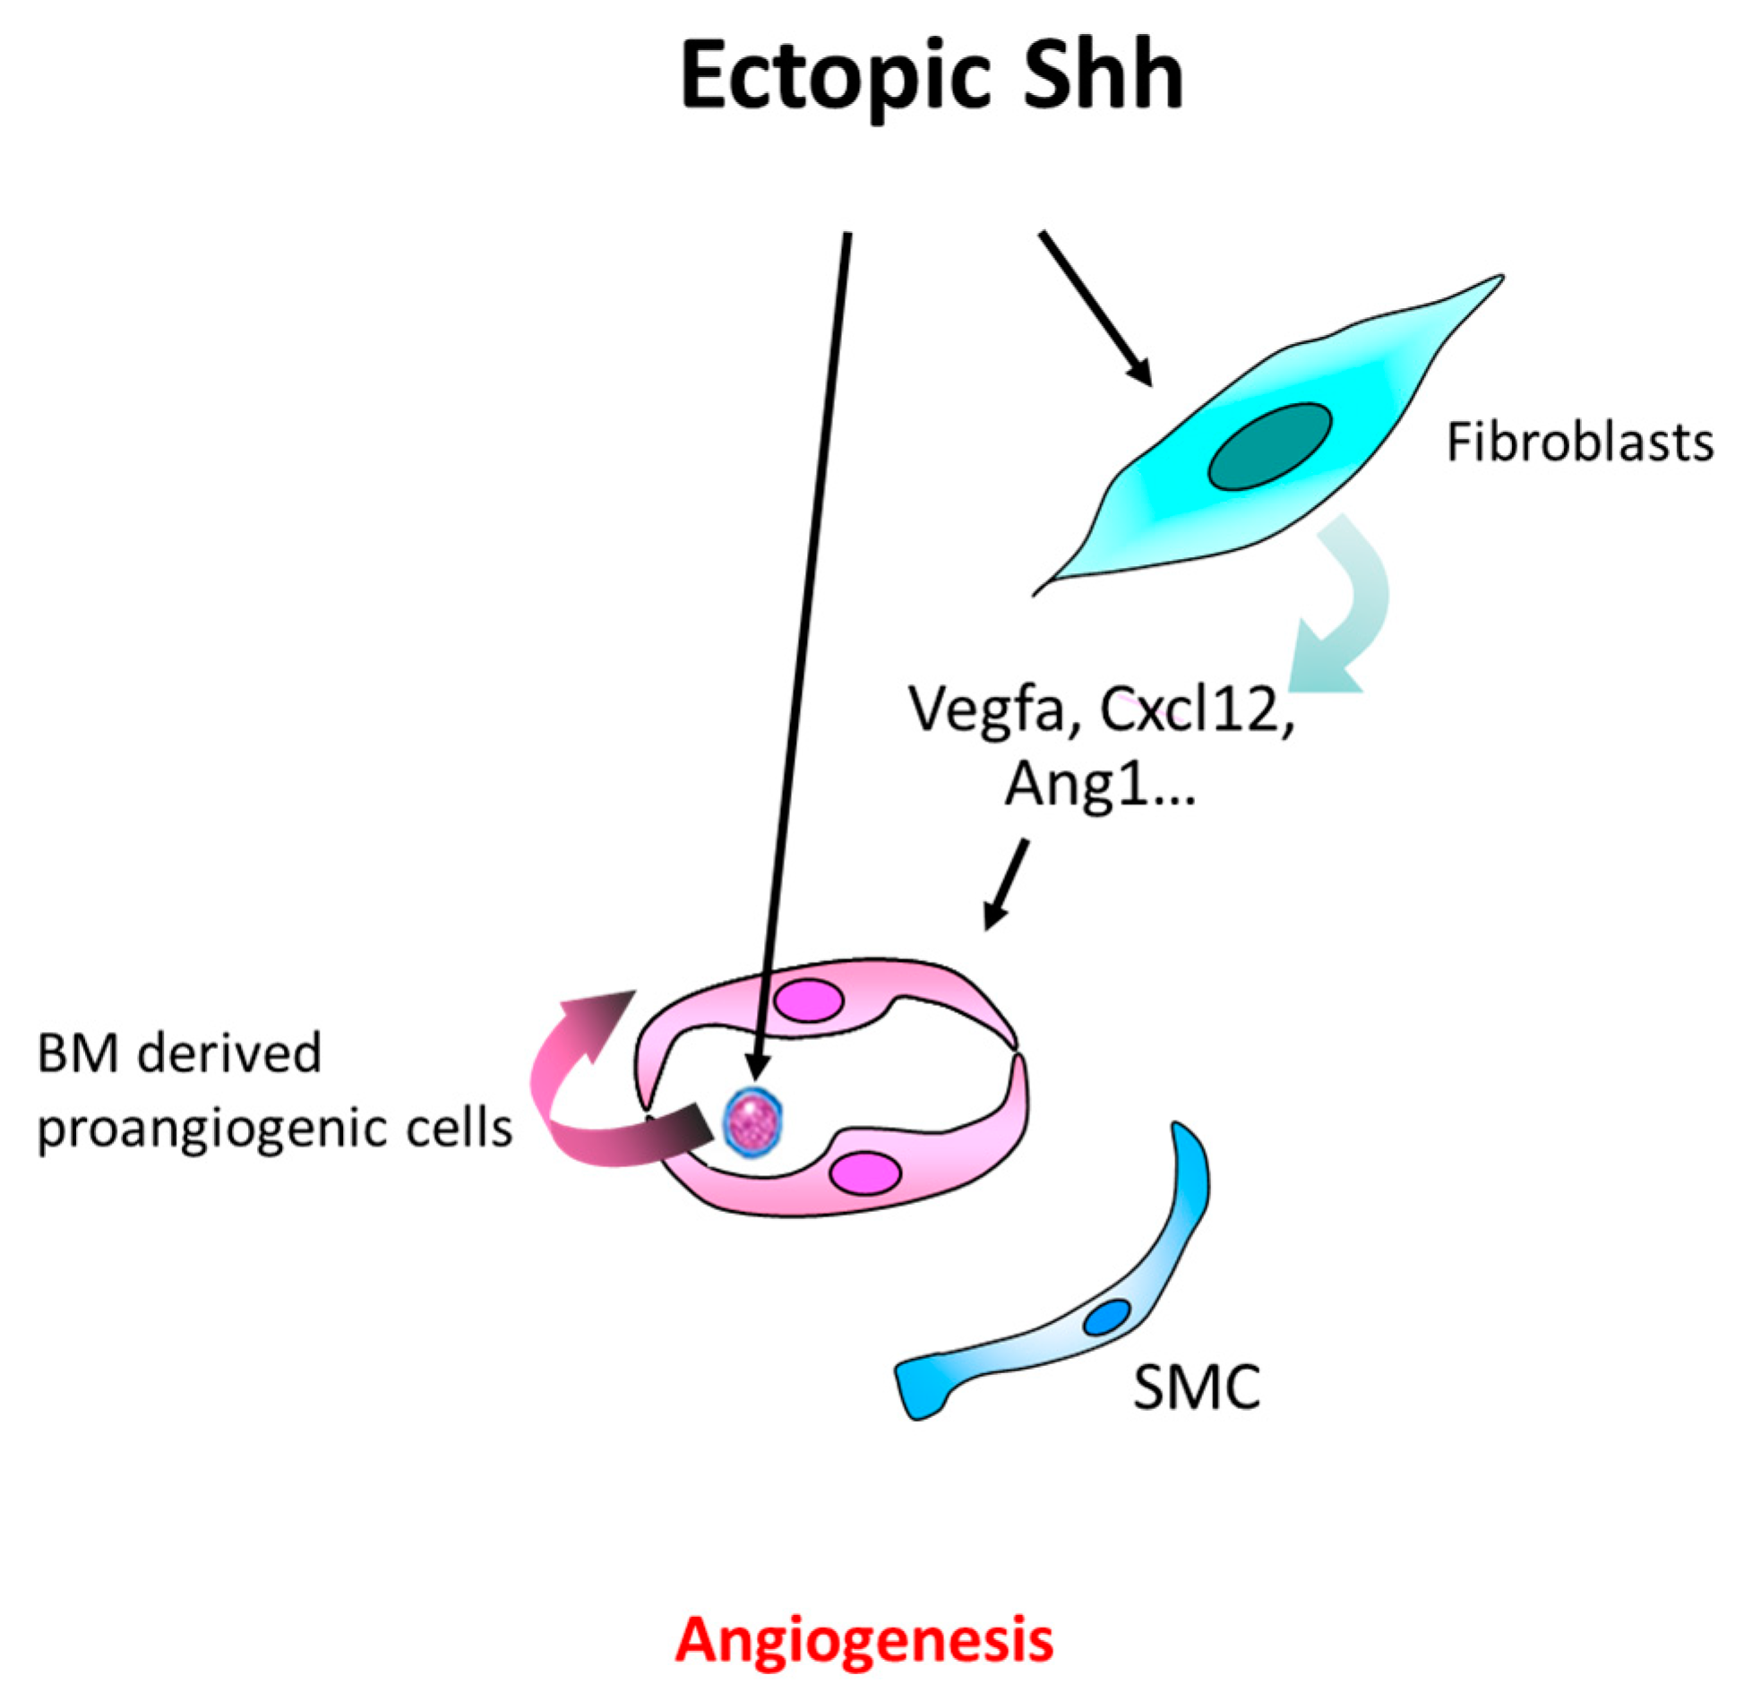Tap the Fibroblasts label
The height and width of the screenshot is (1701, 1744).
point(1579,443)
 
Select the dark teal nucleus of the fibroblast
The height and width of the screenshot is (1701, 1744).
point(1269,447)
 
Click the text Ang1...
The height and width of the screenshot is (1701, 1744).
point(1075,786)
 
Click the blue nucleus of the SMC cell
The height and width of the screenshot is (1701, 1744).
point(1107,1318)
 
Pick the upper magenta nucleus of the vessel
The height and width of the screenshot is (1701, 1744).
point(808,1001)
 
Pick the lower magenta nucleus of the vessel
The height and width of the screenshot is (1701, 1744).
point(863,1173)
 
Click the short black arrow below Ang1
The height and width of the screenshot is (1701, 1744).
point(1007,882)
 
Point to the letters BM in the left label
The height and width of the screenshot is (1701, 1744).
point(78,1054)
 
